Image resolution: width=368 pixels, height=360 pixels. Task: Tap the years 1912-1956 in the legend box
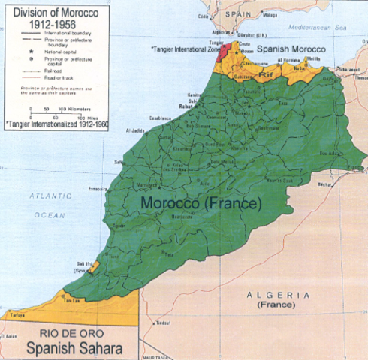[41, 22]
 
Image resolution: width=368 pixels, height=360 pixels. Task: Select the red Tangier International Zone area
[221, 52]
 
